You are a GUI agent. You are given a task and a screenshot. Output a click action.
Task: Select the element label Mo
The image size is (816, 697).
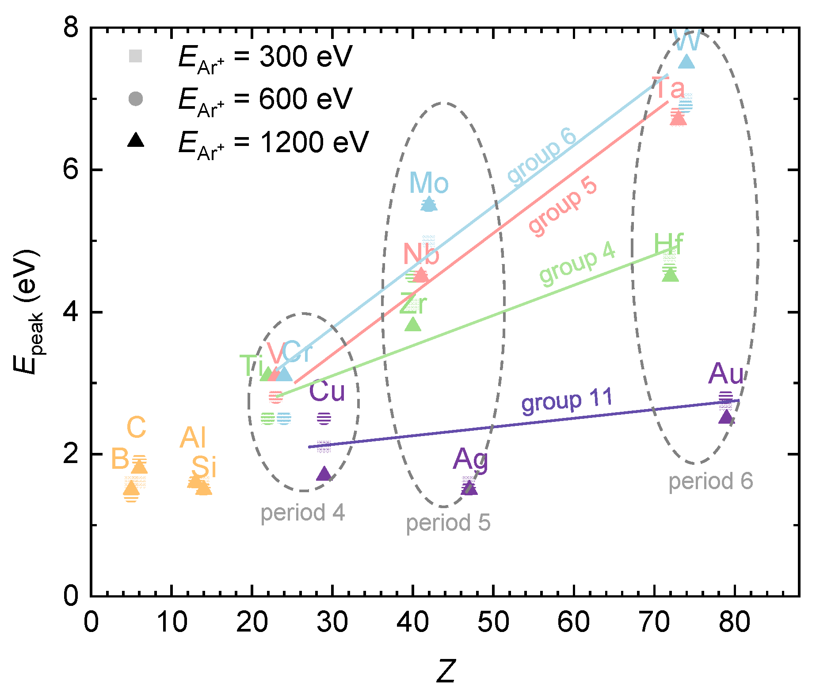(428, 183)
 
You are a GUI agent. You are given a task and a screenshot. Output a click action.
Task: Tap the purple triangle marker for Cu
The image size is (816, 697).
(324, 474)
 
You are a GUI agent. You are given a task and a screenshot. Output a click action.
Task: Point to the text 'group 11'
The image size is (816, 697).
(567, 400)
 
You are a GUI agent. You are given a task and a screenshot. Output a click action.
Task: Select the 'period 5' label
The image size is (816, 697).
(448, 523)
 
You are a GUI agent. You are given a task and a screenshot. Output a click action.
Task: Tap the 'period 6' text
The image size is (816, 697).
(710, 481)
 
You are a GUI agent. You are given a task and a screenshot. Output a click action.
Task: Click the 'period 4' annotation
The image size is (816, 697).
(302, 513)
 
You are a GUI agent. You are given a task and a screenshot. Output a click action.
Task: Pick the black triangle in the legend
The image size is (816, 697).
(136, 141)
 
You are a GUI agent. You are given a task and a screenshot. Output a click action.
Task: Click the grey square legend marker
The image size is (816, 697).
(135, 56)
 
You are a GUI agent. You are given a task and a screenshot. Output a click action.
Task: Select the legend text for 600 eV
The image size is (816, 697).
(265, 99)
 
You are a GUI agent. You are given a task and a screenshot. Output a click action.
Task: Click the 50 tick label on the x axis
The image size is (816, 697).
(493, 622)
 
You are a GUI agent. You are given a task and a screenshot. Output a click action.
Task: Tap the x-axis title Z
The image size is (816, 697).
(446, 671)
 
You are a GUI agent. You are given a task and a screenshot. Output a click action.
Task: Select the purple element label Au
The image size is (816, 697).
(726, 374)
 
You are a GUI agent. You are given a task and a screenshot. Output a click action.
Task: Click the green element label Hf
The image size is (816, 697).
(668, 245)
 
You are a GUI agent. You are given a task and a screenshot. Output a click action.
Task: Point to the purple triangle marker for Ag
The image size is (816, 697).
(469, 488)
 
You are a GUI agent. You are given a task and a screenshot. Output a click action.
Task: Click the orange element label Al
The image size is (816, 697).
(193, 438)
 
